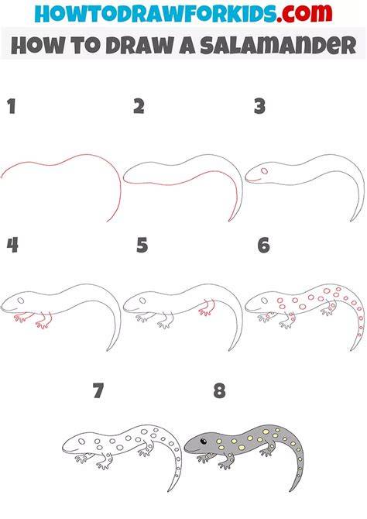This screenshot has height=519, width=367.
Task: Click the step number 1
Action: [12, 107]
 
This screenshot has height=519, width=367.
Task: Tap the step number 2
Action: [139, 107]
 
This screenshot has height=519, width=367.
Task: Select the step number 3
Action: [260, 107]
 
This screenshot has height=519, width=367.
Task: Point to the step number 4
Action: [12, 246]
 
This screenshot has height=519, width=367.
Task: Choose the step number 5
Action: [142, 246]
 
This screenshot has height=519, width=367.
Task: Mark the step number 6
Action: [264, 246]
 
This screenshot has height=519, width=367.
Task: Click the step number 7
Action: [98, 390]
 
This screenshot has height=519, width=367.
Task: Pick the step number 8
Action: [220, 390]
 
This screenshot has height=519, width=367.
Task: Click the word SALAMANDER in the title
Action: [278, 46]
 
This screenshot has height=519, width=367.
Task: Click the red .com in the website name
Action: [304, 13]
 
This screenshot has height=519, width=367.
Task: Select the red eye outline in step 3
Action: [265, 171]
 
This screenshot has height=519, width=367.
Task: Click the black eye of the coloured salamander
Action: [203, 442]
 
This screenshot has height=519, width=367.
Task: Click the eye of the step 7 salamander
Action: [81, 442]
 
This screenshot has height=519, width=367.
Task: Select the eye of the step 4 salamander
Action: [20, 301]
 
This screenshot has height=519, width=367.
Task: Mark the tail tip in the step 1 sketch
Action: [108, 221]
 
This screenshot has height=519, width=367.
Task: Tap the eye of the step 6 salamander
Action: [265, 301]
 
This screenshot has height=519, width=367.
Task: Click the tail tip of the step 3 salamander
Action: [352, 221]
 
